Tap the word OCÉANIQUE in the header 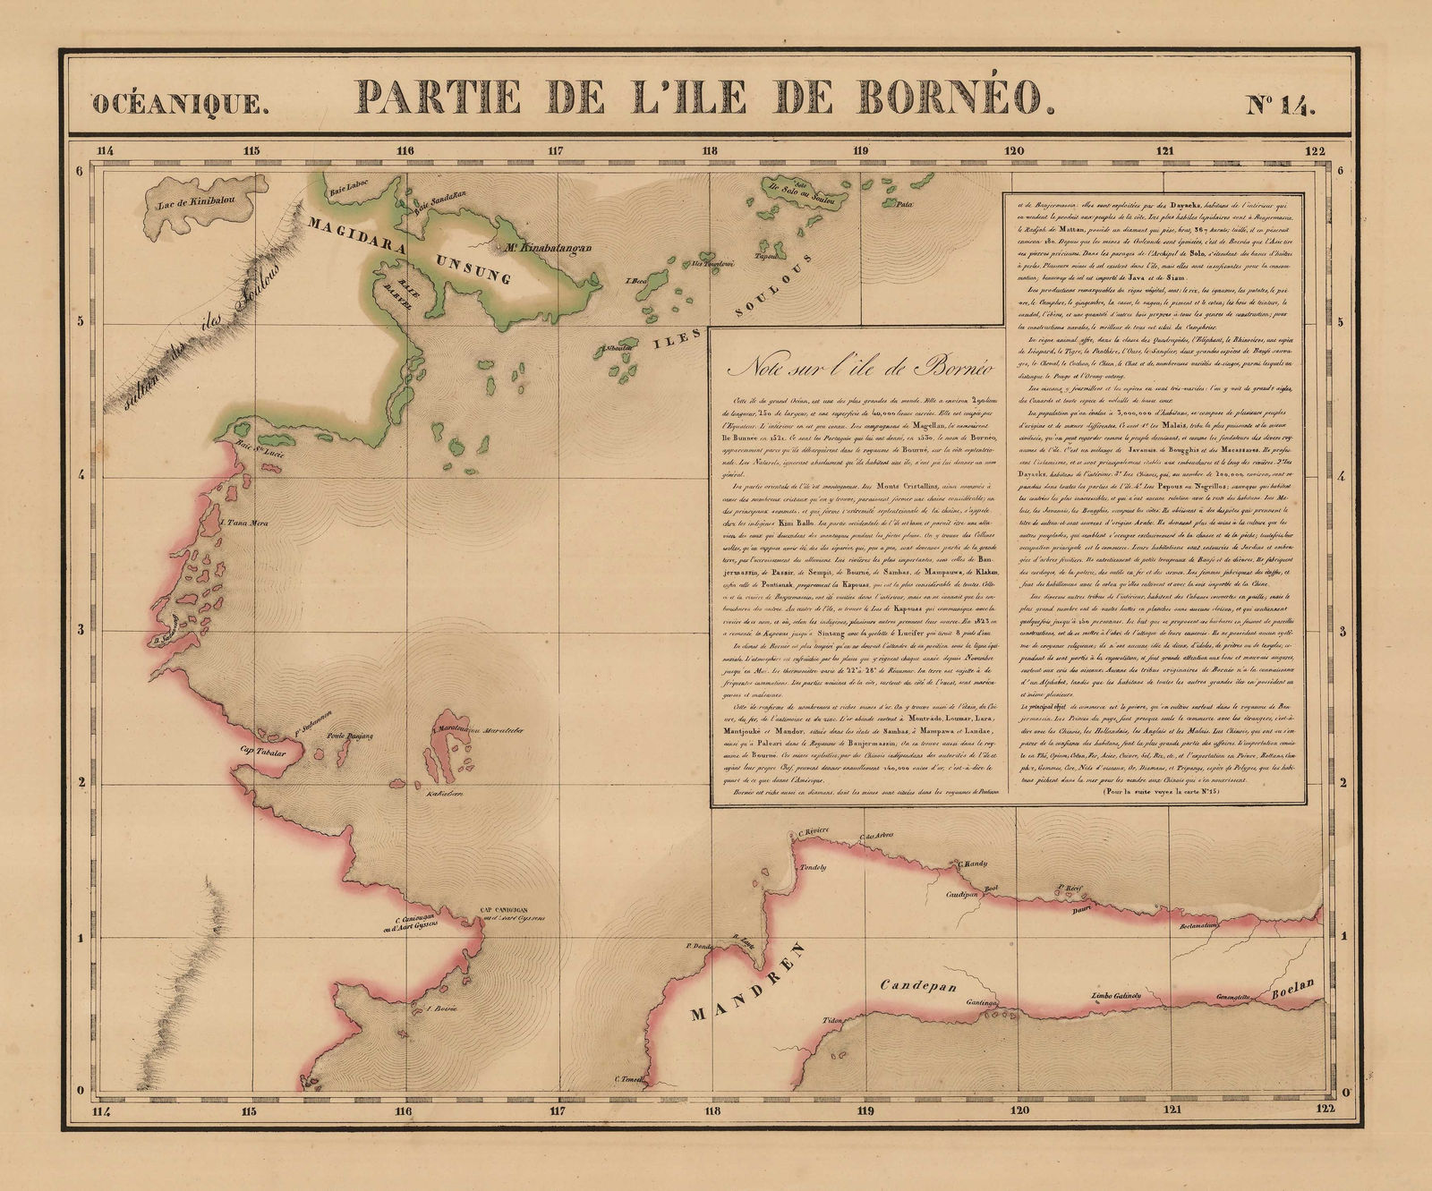tap(180, 104)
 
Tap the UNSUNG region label tap(473, 268)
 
